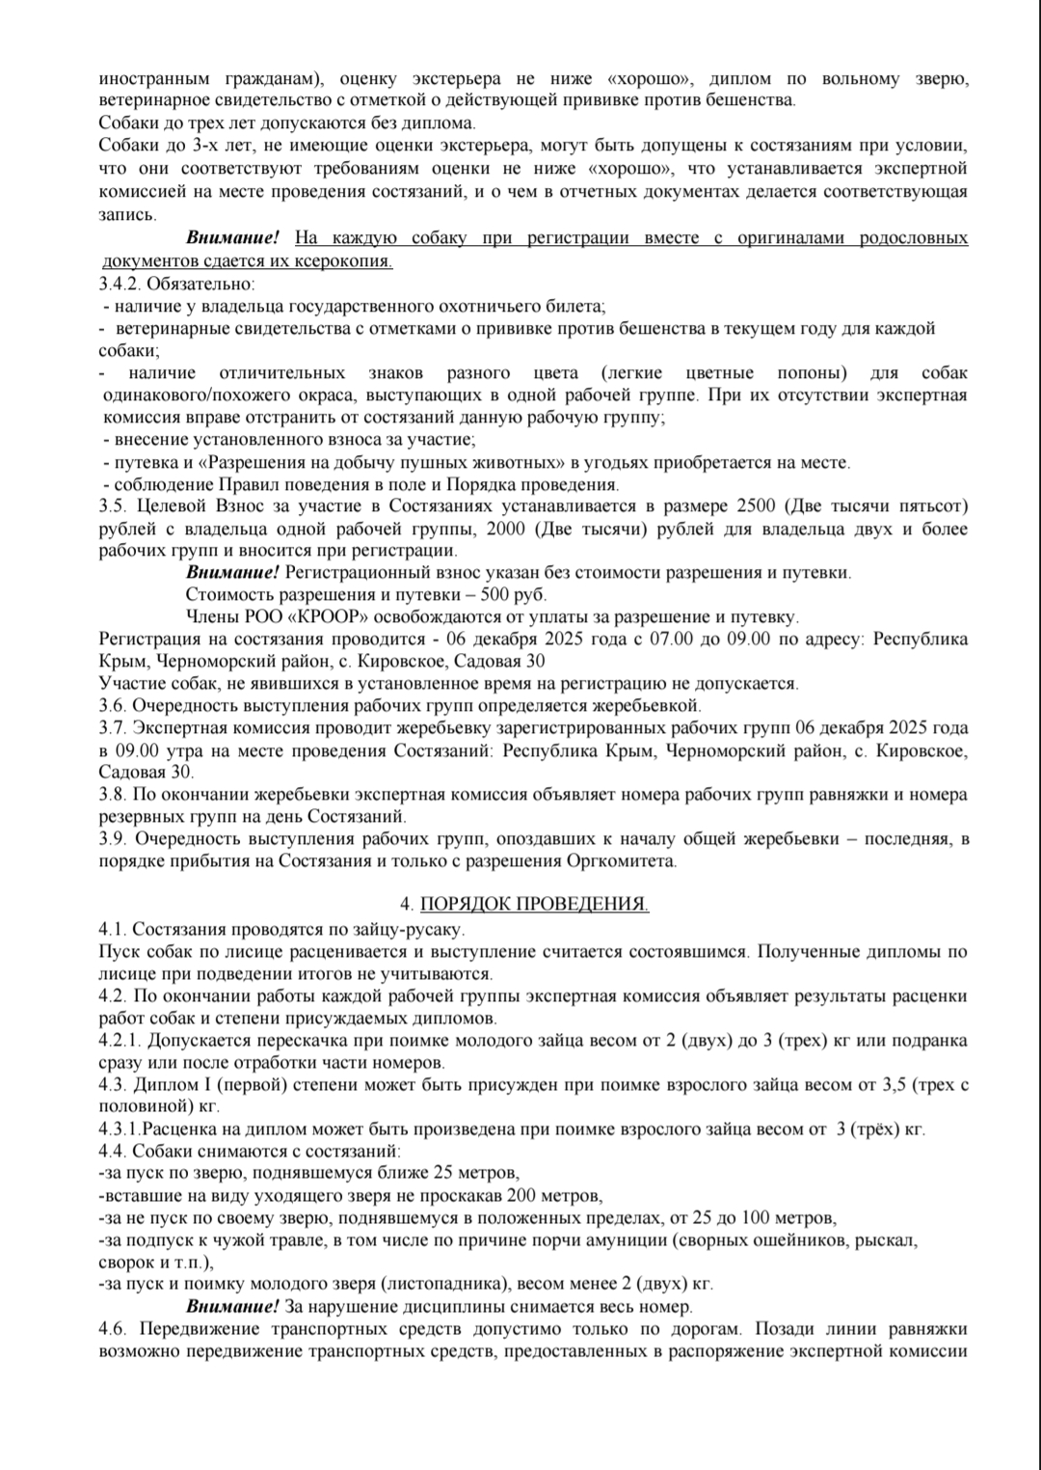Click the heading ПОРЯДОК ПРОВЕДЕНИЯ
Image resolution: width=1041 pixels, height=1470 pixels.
pos(534,904)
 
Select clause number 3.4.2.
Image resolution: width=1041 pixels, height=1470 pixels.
pos(120,285)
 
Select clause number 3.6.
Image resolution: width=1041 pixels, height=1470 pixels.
pos(112,706)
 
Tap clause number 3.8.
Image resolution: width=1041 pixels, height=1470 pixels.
pos(112,795)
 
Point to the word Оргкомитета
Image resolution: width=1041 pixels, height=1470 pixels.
pos(629,861)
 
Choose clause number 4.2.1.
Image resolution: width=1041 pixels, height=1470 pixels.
pos(120,1041)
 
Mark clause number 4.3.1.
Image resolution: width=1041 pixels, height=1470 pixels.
pos(120,1130)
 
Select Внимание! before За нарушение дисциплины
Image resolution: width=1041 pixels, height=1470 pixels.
pos(232,1307)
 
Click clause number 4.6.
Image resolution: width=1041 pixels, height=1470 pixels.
pos(112,1329)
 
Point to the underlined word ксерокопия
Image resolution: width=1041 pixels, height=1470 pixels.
pos(348,261)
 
